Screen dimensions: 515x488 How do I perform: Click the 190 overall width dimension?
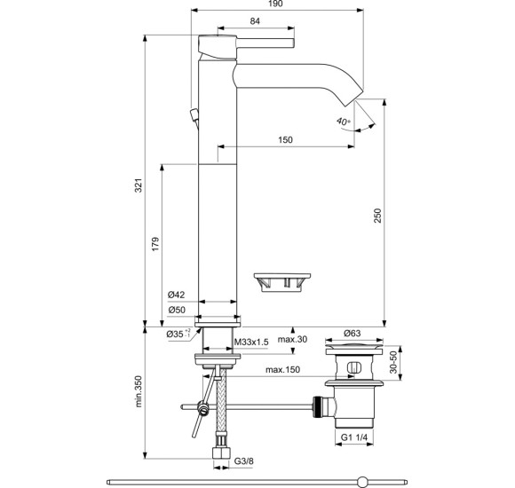point(275,4)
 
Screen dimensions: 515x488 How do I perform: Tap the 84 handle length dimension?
point(255,21)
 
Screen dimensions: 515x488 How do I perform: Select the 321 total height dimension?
point(139,185)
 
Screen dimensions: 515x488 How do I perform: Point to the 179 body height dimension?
point(155,244)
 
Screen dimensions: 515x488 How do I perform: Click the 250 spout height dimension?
point(377,216)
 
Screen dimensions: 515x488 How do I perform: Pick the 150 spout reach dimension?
point(285,140)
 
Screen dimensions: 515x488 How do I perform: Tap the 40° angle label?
point(344,122)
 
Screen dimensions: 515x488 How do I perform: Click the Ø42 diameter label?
point(176,295)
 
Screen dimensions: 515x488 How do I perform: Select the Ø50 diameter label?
point(177,310)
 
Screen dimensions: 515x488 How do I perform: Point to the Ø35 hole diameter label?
point(178,334)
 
